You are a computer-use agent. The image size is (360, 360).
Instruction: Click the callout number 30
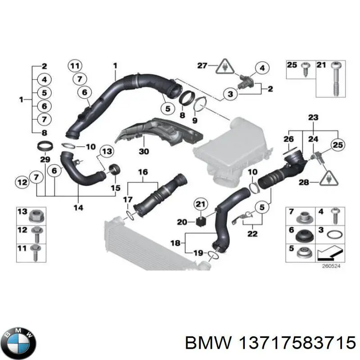(144, 152)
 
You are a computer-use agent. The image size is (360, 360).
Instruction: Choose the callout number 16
(143, 172)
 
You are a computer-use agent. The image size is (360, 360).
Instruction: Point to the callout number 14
(78, 207)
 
